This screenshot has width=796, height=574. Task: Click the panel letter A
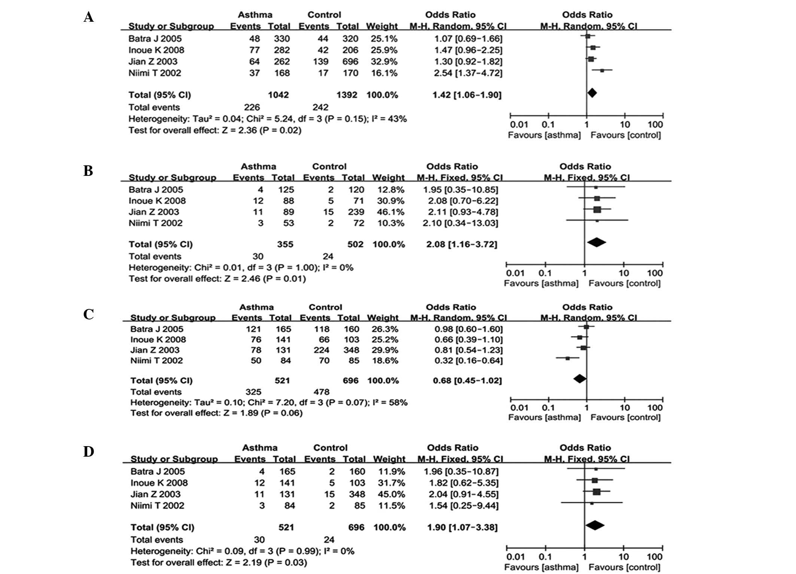(x=88, y=17)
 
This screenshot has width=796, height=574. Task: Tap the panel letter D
(x=88, y=451)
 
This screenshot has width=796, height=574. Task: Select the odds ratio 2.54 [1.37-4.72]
(x=468, y=73)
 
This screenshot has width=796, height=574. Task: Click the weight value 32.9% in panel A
(x=384, y=61)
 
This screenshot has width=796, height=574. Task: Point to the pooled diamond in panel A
(x=592, y=93)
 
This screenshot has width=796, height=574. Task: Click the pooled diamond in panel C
(x=580, y=379)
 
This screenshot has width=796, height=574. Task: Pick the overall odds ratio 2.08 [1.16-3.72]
(x=462, y=244)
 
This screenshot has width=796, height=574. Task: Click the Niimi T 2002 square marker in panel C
(x=568, y=358)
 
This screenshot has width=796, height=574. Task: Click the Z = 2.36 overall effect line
(x=215, y=130)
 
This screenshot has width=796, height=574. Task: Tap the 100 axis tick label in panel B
(x=654, y=273)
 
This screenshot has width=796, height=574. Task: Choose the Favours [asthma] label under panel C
(x=544, y=417)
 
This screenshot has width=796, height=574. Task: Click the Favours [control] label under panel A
(x=625, y=135)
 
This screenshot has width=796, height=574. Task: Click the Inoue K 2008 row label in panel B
(x=157, y=201)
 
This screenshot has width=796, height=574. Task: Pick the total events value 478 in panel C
(x=321, y=392)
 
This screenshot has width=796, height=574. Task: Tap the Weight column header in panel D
(x=389, y=459)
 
